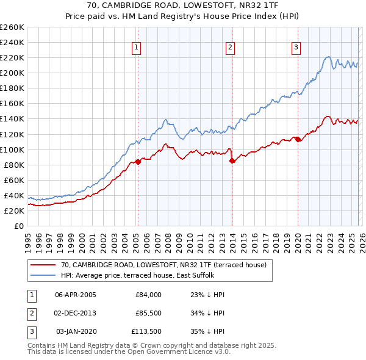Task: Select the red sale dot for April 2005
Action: point(138,162)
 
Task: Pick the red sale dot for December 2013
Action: point(232,160)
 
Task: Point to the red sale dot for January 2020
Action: point(298,139)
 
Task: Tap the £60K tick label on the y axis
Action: point(13,180)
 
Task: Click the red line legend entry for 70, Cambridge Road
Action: point(163,265)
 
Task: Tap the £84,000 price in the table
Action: point(148,295)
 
